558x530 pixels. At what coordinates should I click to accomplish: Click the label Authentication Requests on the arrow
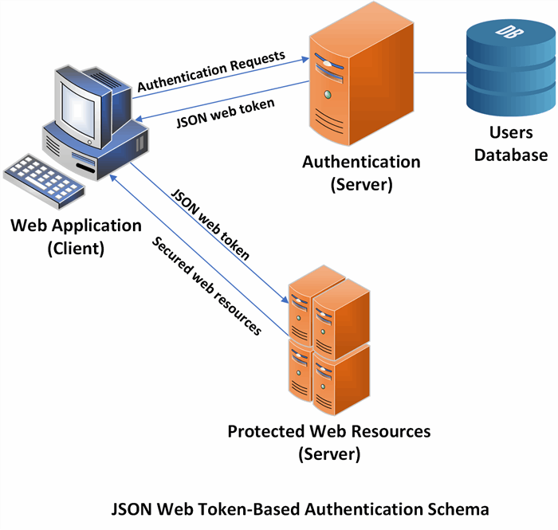point(211,71)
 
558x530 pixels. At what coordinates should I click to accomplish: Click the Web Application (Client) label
point(76,236)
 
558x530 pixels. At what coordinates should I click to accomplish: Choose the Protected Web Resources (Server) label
point(328,443)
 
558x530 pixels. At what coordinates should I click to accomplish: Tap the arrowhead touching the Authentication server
point(304,59)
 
